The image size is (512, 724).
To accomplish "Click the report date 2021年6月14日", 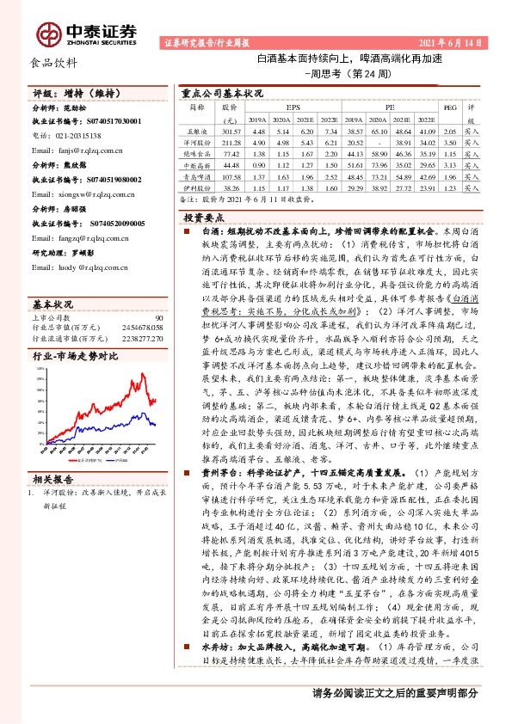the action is [x=460, y=42].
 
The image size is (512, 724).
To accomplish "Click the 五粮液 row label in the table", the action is [x=198, y=131].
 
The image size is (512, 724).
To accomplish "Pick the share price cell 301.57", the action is [x=230, y=131].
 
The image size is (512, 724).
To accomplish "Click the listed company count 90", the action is [x=159, y=293].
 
